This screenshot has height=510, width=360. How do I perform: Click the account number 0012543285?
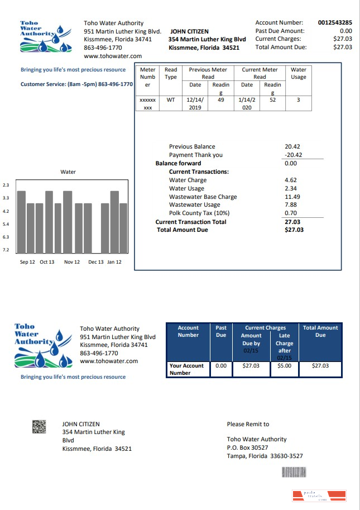335,23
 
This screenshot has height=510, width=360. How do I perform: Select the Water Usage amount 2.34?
290,189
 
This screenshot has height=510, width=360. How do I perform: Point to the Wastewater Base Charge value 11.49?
292,197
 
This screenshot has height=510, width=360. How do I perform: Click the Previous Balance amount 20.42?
292,147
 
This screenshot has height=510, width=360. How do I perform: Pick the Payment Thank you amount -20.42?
293,155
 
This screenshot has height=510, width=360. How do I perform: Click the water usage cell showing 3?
298,100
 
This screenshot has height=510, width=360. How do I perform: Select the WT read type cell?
171,100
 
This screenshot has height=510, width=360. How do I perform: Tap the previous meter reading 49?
221,100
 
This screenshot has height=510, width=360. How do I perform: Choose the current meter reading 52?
272,100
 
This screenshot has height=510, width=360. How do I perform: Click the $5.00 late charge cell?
284,366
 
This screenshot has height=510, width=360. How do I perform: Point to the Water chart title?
68,172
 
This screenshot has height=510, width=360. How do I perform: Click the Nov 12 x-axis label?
72,262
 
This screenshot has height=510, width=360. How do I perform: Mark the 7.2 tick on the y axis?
6,250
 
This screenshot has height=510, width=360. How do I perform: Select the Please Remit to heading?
248,425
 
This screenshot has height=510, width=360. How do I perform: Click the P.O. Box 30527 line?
247,447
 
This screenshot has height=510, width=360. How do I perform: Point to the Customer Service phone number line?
76,84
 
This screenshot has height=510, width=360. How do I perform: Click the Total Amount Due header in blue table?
320,331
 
